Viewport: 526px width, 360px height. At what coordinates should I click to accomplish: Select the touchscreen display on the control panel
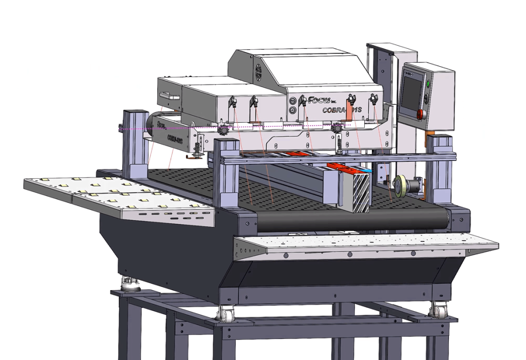[x=409, y=93]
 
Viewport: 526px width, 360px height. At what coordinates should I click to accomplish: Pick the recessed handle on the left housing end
[x=168, y=95]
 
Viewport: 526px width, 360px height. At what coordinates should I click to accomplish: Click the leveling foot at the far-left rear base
[x=126, y=283]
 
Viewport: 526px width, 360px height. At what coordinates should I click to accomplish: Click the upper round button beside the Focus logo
[x=292, y=101]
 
